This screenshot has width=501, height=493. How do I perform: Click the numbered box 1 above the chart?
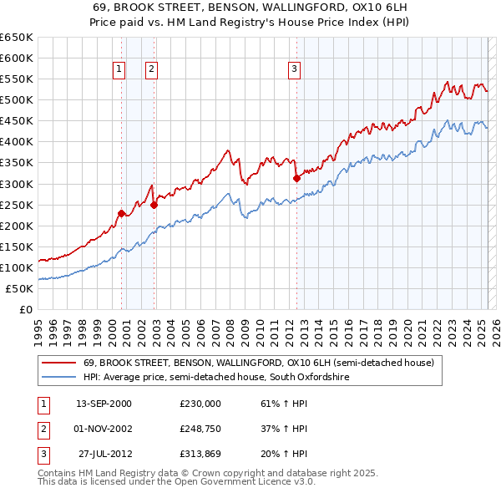(120, 69)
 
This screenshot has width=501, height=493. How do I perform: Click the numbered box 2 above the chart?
(151, 69)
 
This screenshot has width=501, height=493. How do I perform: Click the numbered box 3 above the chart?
(295, 69)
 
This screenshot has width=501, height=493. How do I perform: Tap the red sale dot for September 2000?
(121, 213)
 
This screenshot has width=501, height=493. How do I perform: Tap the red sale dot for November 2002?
(154, 205)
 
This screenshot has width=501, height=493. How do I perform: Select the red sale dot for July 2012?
(296, 177)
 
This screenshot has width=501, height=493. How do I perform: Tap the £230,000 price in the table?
(200, 403)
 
